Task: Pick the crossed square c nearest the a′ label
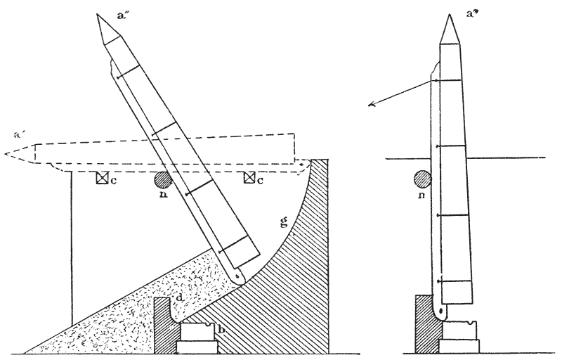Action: (103, 178)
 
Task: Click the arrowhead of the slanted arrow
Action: (370, 106)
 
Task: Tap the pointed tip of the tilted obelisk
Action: (98, 15)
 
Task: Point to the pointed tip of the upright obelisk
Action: (450, 15)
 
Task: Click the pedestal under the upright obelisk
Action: (458, 338)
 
